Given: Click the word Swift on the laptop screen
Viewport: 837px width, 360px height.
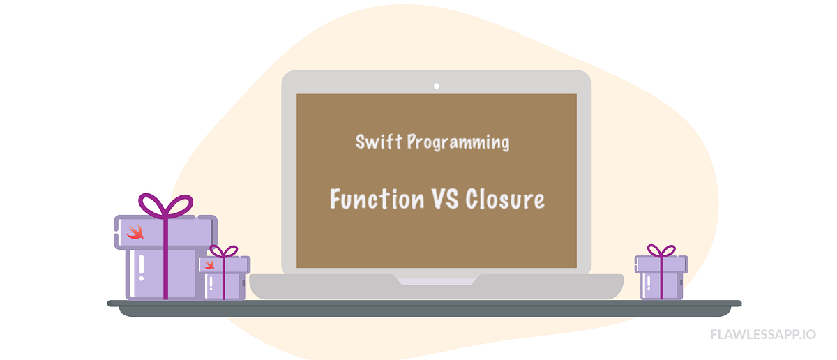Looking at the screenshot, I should (378, 142).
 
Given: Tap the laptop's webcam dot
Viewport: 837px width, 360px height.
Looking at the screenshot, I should (437, 86).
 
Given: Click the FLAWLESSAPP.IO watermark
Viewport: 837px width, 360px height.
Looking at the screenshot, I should (763, 334).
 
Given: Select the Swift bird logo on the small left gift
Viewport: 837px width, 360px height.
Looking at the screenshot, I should (209, 264).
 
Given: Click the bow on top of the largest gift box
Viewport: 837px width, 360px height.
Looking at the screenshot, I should (165, 204).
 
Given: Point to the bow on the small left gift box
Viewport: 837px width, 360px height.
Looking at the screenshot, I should (224, 250).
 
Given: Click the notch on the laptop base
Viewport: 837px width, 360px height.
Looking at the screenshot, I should (437, 280).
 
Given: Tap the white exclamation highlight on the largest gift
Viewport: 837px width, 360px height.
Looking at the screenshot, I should (142, 269).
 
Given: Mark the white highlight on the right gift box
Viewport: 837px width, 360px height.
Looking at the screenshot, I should (649, 282).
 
